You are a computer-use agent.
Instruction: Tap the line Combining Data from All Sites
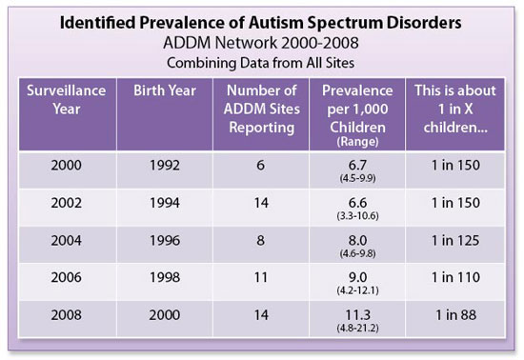(262, 63)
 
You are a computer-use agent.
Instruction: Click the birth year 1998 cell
(165, 289)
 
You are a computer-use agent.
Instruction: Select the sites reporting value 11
(261, 289)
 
